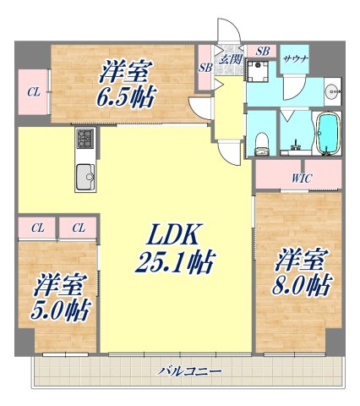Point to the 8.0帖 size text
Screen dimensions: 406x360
(x=300, y=285)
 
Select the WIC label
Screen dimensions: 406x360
(x=301, y=178)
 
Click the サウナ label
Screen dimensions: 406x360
(x=295, y=58)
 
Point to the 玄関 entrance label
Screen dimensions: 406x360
(x=231, y=58)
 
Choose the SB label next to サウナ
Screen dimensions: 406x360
(x=262, y=52)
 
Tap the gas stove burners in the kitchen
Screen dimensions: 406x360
(x=86, y=138)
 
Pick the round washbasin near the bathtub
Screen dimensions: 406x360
(x=333, y=88)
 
